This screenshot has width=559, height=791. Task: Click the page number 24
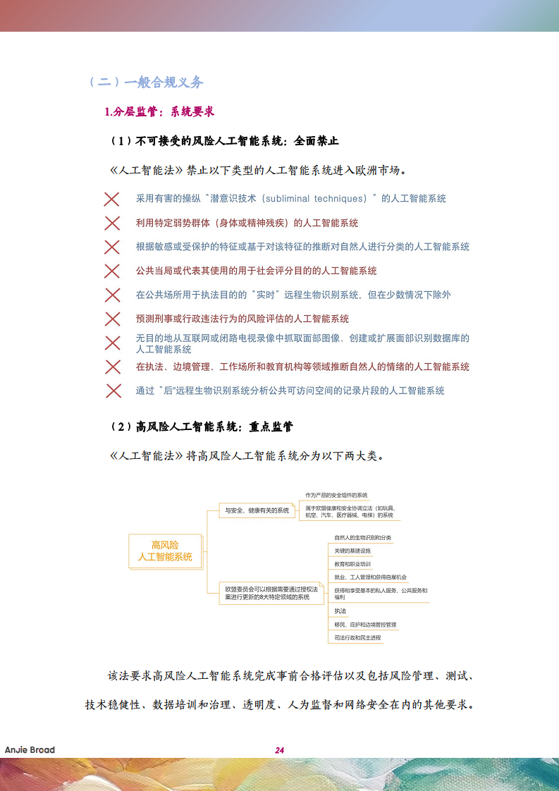click(279, 750)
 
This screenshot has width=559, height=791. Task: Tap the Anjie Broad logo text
click(30, 749)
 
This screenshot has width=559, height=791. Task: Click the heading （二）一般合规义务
click(145, 82)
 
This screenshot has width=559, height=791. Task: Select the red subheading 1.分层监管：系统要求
click(159, 111)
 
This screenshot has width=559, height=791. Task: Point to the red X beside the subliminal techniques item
click(112, 199)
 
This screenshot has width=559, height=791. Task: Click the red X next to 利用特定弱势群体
click(112, 223)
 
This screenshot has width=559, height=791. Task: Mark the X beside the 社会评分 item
click(112, 271)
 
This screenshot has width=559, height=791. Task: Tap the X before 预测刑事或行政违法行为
click(112, 319)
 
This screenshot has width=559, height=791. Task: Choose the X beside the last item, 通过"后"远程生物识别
click(113, 391)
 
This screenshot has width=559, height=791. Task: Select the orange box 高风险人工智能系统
click(165, 551)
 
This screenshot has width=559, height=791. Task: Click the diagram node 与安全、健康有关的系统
click(257, 510)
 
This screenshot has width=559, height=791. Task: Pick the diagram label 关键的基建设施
click(352, 551)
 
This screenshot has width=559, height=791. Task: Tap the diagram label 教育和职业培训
click(352, 564)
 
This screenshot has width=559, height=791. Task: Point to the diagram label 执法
click(340, 611)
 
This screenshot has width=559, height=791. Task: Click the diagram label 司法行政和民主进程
click(357, 637)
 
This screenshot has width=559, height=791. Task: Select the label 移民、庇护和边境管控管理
click(365, 625)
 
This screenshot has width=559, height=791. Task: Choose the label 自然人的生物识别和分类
click(362, 538)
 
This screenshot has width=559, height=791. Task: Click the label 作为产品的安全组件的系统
click(336, 496)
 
